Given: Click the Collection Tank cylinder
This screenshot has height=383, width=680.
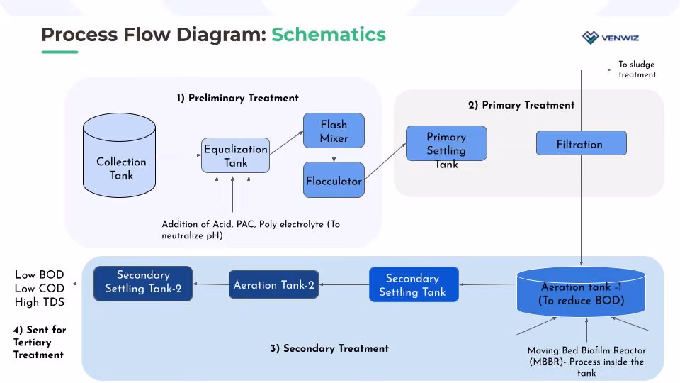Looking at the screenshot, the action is (x=119, y=155).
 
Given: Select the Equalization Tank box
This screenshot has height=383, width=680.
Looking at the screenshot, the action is (x=235, y=155).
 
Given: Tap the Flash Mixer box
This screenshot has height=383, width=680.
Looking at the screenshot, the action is (x=334, y=131).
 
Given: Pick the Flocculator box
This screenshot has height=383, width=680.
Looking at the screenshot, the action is (x=334, y=179).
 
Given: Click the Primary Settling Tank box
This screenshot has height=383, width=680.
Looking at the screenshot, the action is (x=446, y=143).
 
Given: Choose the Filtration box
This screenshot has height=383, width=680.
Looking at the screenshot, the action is (x=581, y=143).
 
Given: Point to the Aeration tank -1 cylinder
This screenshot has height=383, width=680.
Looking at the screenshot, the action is (x=581, y=292).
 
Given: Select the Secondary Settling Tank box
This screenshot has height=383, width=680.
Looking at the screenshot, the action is (x=414, y=284).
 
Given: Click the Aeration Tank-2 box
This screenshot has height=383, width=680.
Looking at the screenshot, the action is (x=273, y=284).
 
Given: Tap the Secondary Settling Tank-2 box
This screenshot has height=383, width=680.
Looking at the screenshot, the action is (x=143, y=284).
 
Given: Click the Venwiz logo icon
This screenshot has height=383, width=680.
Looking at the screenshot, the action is (x=590, y=38).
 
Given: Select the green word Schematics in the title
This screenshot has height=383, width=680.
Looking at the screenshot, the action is (x=328, y=35).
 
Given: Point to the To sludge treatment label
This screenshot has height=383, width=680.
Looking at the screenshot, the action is (x=637, y=70).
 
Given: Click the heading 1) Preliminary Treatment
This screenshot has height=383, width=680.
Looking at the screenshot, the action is (x=238, y=98).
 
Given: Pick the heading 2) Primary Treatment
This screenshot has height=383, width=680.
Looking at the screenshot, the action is (x=521, y=105).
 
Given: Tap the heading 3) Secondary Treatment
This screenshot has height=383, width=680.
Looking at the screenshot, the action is (x=329, y=348).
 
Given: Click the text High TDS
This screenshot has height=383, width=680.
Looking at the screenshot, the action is (x=40, y=302).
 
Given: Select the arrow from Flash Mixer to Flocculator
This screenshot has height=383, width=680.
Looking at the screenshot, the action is (x=334, y=155).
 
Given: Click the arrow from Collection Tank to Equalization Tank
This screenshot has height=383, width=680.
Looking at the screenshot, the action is (x=178, y=155).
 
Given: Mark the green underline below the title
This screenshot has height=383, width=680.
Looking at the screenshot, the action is (x=59, y=52).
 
